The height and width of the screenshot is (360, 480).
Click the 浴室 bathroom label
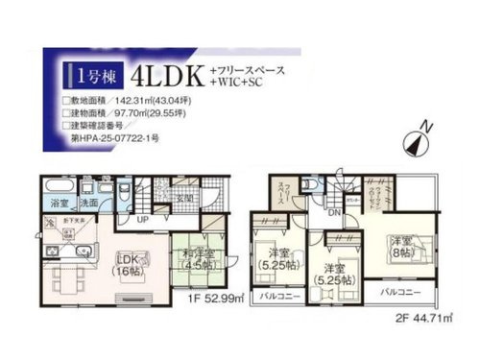(58, 204)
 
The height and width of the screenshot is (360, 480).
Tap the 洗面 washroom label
(86, 204)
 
